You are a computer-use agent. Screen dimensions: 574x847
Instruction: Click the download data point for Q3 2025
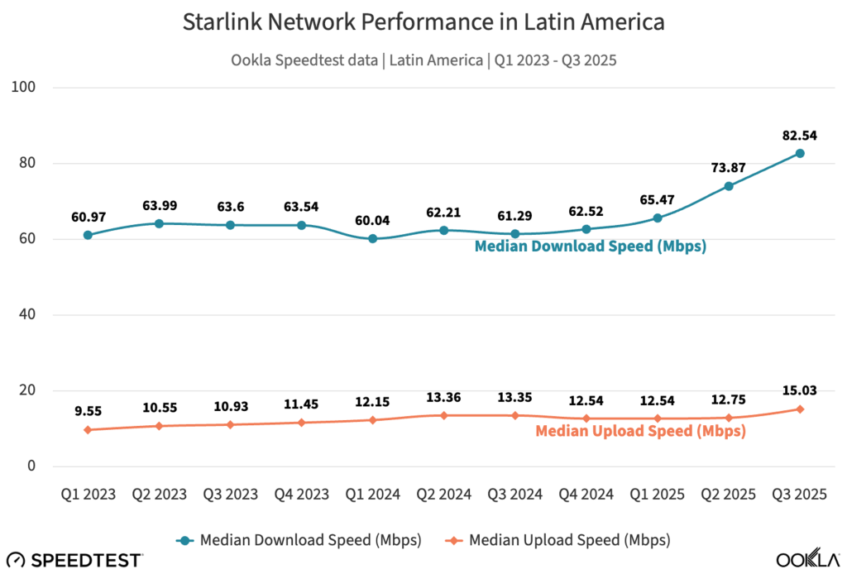point(800,153)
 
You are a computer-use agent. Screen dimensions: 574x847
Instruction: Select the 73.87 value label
point(728,167)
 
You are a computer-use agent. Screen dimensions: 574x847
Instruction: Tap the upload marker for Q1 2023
point(88,429)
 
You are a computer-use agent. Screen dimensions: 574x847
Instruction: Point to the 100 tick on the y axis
point(37,87)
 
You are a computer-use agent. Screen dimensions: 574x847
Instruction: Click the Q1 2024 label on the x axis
point(372,495)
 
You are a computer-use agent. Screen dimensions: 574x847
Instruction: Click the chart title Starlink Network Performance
point(423,22)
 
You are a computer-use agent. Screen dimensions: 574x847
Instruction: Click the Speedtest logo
point(74,559)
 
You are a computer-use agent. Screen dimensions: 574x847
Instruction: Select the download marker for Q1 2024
point(372,238)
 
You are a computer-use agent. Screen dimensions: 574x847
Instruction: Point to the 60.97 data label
point(88,216)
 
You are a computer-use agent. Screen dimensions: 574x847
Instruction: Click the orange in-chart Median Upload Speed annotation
point(640,430)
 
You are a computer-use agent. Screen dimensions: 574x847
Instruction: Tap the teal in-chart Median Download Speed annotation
point(590,246)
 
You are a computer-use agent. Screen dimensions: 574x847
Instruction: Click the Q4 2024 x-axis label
point(586,495)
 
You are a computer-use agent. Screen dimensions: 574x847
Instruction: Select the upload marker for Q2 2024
point(443,415)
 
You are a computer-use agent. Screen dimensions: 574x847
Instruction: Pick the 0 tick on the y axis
point(42,466)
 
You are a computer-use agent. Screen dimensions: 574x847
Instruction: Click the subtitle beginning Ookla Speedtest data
point(423,59)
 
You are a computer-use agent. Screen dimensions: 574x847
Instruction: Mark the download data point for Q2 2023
point(159,223)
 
